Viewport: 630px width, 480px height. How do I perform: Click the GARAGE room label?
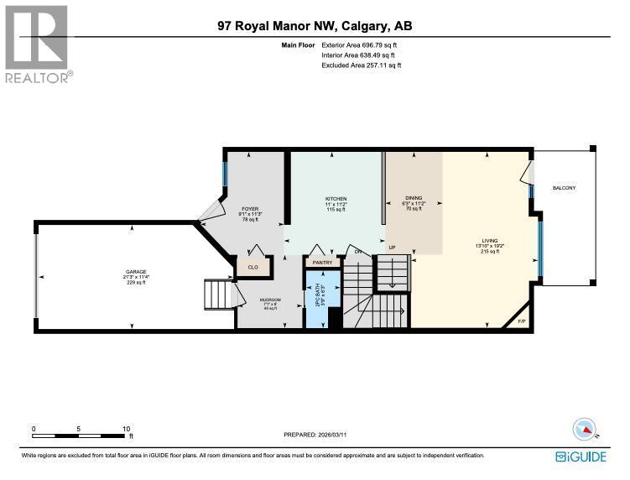tap(136, 272)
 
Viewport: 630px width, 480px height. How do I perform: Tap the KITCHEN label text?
tap(336, 199)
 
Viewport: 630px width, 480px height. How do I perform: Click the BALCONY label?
tap(564, 189)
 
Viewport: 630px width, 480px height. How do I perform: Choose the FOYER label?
tap(251, 208)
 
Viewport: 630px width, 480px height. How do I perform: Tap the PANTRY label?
tap(323, 263)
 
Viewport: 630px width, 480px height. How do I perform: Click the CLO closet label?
tap(252, 268)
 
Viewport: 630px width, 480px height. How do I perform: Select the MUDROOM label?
tap(269, 300)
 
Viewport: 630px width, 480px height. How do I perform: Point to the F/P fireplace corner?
tap(521, 321)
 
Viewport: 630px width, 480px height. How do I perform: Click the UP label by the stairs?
tap(392, 248)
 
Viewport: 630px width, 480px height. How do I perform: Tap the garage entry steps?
tap(220, 295)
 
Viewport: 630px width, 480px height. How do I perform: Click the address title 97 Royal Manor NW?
tap(315, 27)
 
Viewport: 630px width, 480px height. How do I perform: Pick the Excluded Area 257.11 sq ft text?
tap(362, 65)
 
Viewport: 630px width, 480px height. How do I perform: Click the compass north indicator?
tap(584, 430)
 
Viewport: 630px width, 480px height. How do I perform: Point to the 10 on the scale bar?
tap(126, 428)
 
